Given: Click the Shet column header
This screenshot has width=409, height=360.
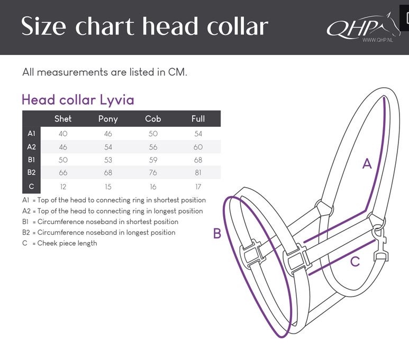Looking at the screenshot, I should point(63,118).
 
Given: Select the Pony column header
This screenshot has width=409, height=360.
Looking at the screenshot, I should point(108,118).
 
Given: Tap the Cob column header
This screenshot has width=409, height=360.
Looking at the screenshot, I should point(153,118).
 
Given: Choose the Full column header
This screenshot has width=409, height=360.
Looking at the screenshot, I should point(198,118).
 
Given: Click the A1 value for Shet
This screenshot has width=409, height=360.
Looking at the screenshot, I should point(63,134).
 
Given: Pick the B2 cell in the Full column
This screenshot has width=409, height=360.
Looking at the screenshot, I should point(198,173).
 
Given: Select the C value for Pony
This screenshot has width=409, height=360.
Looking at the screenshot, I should point(108,187).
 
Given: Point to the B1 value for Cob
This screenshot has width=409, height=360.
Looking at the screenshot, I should point(153,160).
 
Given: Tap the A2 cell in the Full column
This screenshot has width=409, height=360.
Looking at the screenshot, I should point(198,147).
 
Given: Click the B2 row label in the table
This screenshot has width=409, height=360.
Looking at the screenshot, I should point(32,173).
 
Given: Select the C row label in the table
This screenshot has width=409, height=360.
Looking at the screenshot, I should point(32,187).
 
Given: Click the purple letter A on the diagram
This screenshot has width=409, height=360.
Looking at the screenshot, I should point(367,164).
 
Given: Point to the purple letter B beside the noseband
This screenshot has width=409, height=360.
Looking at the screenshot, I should point(217,233).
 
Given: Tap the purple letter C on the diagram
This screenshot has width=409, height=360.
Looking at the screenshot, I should point(355,261).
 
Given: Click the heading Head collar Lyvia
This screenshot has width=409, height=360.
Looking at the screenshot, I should point(78,99).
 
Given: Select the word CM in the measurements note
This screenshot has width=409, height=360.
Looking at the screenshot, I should point(177,72).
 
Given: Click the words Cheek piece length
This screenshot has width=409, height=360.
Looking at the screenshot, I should point(67,243).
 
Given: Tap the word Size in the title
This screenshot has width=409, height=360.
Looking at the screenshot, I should point(46,26).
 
